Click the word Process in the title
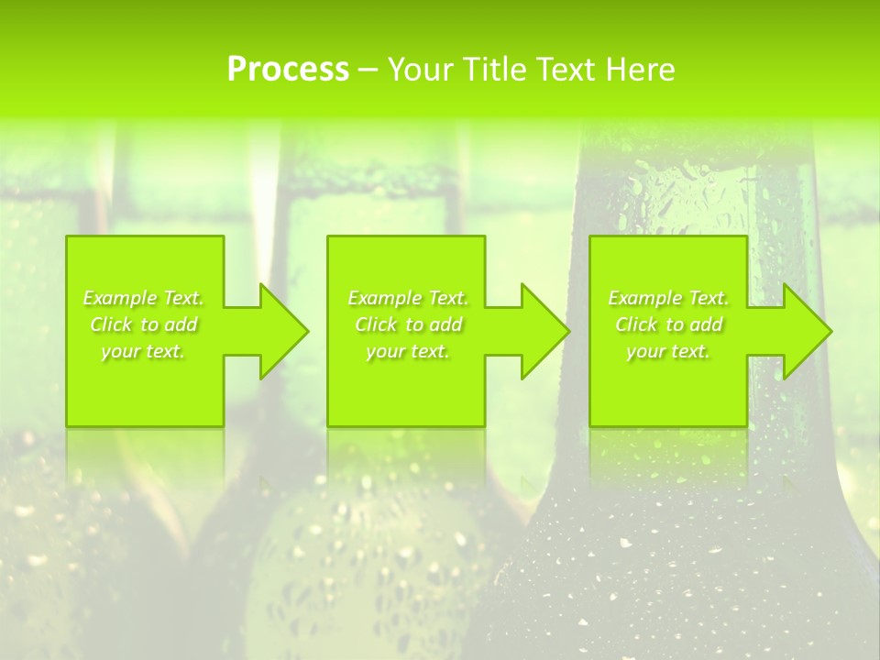tap(288, 70)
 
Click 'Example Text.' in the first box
tap(143, 298)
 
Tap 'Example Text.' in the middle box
tap(408, 298)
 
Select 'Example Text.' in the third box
tap(668, 298)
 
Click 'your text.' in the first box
tap(143, 351)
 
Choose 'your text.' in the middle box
tap(408, 351)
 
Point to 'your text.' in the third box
tap(668, 351)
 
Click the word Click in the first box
tap(110, 324)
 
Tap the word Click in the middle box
tap(375, 324)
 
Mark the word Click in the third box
tap(635, 324)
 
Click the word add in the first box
tap(181, 324)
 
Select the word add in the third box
tap(706, 324)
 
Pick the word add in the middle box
tap(445, 324)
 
